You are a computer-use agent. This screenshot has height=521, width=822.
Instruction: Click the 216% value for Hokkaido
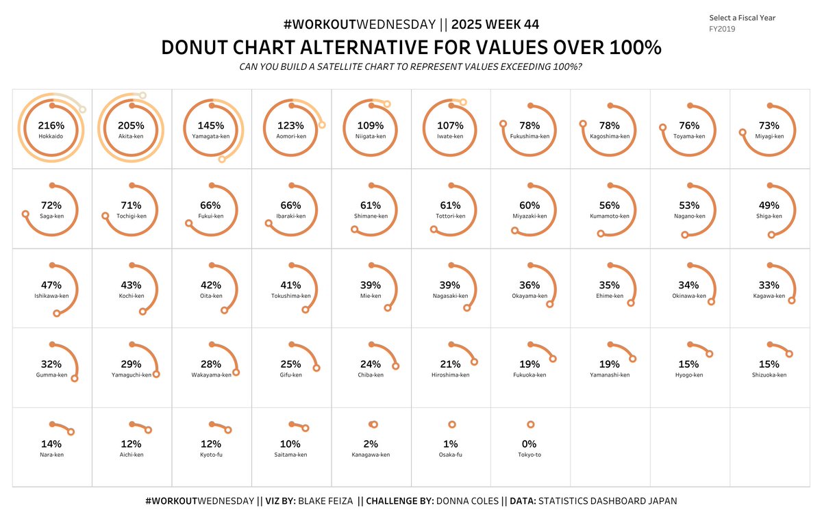51,126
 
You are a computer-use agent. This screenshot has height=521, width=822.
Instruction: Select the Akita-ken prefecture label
131,136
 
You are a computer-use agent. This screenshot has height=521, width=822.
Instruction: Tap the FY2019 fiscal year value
722,29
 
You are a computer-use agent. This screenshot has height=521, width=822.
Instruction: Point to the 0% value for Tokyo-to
529,444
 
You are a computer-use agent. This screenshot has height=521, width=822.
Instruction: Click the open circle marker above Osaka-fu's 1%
451,424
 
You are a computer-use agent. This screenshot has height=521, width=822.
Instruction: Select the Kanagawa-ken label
371,455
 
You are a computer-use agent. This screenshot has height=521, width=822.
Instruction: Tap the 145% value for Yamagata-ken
210,126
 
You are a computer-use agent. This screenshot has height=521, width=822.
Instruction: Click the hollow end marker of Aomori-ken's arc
322,125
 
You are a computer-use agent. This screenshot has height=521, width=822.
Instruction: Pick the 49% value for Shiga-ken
769,205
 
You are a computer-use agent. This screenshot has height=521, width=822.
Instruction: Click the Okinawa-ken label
689,296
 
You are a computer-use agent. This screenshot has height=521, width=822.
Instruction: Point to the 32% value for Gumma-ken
51,364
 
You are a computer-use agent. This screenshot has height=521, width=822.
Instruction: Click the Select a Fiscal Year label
742,18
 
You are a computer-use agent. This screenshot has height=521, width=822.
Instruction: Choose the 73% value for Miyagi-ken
769,126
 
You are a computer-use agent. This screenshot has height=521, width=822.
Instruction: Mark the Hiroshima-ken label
450,375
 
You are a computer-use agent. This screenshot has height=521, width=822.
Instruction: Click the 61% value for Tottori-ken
450,205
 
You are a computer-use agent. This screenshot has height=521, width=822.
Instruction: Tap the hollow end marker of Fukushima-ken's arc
503,124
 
